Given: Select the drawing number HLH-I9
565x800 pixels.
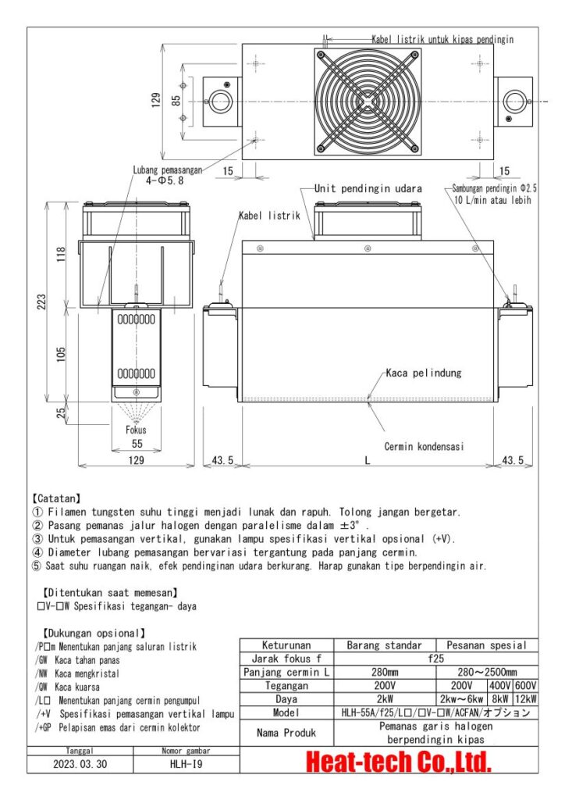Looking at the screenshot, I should coord(187,765).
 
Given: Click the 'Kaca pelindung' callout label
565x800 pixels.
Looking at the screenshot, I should coord(424,373).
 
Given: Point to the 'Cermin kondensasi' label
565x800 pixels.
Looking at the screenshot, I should coord(424,447).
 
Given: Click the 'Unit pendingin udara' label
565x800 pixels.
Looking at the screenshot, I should coord(368,189).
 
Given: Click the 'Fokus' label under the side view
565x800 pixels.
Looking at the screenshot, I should coord(136,430).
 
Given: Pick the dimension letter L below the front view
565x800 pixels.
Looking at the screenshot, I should coord(367,461).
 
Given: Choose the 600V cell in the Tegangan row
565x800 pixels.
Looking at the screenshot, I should coord(524,685).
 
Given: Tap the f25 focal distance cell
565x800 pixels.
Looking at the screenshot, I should coord(436,659).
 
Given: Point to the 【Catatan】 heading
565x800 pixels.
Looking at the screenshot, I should coord(61,497).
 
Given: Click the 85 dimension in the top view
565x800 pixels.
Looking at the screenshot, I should coord(177,100).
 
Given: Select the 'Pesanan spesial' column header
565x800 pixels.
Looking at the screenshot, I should coord(487,645).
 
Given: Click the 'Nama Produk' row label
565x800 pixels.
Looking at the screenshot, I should coord(286,733).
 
